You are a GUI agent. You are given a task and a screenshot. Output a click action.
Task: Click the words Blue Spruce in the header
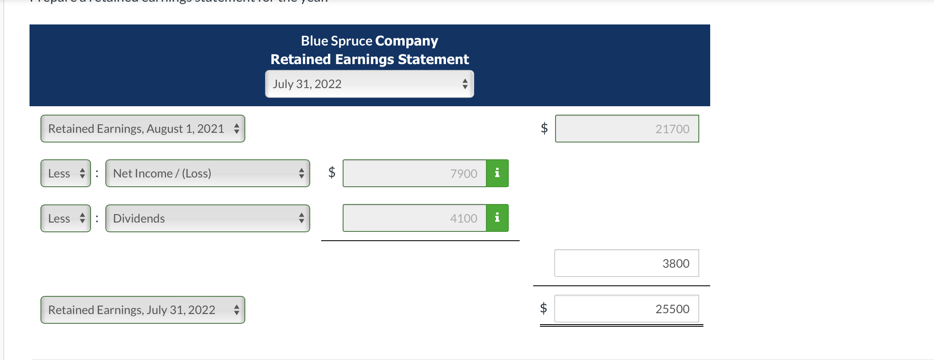tap(336, 41)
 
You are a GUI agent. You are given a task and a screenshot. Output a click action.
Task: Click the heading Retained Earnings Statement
tap(369, 59)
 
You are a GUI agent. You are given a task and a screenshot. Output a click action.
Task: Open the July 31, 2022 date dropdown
tap(369, 84)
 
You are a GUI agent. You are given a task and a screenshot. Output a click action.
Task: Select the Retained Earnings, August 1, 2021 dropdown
tap(142, 129)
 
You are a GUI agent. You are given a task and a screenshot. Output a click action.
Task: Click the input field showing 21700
tap(627, 129)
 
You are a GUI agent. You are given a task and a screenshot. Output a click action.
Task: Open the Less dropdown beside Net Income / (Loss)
tap(66, 173)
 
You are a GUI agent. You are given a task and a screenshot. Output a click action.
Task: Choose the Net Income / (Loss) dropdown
tap(207, 173)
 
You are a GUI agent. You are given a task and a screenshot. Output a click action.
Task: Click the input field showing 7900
tap(414, 173)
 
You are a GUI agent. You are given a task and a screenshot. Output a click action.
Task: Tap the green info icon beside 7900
tap(497, 173)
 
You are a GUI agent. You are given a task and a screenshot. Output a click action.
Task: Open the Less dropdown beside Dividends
tap(66, 218)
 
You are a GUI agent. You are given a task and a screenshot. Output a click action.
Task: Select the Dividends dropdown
tap(207, 218)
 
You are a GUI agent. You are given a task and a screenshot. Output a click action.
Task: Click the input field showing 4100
tap(414, 218)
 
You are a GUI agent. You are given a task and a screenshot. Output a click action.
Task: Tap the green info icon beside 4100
tap(497, 218)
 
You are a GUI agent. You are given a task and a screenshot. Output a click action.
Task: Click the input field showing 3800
tap(626, 263)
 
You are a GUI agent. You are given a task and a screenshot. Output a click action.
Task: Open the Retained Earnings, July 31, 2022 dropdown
tap(142, 310)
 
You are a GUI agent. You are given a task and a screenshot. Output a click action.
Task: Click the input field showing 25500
tap(626, 309)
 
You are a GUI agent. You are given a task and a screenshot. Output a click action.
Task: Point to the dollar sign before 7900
tap(332, 172)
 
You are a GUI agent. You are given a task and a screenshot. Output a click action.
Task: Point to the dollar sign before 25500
tap(543, 308)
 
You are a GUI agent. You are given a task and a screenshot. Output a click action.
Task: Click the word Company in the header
tap(406, 41)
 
